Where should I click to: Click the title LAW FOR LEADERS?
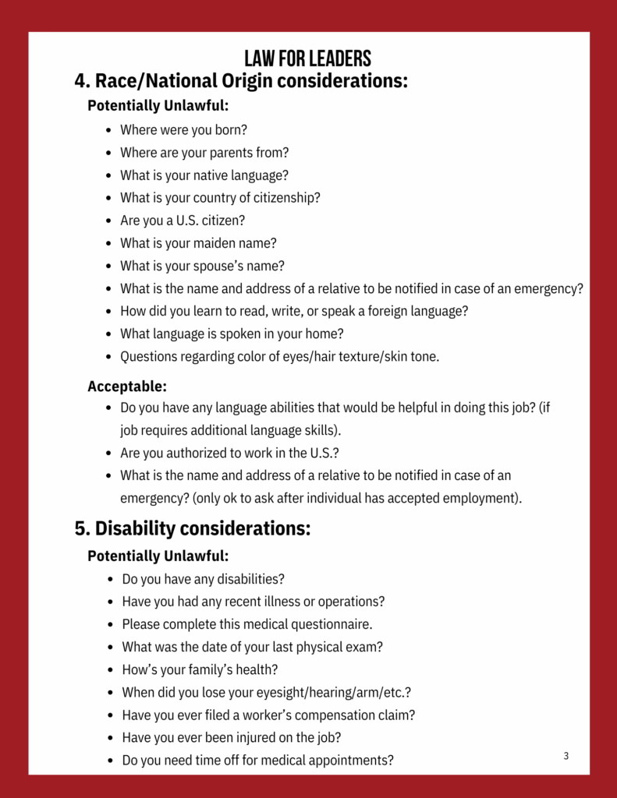click(307, 58)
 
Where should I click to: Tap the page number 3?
click(566, 756)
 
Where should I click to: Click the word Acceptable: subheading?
click(127, 386)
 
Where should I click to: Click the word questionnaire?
click(332, 624)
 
